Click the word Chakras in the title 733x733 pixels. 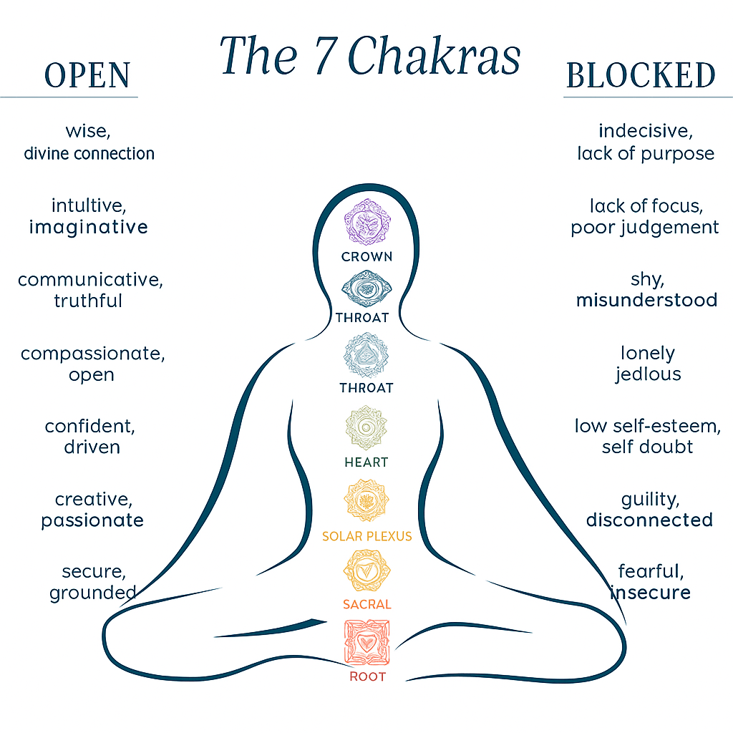click(434, 56)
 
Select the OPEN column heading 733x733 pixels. click(88, 76)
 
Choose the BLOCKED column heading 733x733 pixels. click(640, 76)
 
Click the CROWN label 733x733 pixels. click(366, 256)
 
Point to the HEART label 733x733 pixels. click(366, 462)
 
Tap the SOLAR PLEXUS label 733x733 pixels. click(366, 536)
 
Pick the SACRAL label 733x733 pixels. click(366, 604)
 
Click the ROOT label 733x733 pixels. click(366, 676)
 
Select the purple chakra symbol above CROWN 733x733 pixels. click(366, 221)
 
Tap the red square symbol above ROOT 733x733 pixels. click(366, 642)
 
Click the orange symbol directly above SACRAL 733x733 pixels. click(366, 571)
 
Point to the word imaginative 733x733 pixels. click(89, 228)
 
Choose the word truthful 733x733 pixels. click(88, 301)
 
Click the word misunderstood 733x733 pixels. click(646, 300)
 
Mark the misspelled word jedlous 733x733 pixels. click(648, 374)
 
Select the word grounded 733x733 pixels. click(93, 593)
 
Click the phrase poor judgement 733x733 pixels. click(645, 228)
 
